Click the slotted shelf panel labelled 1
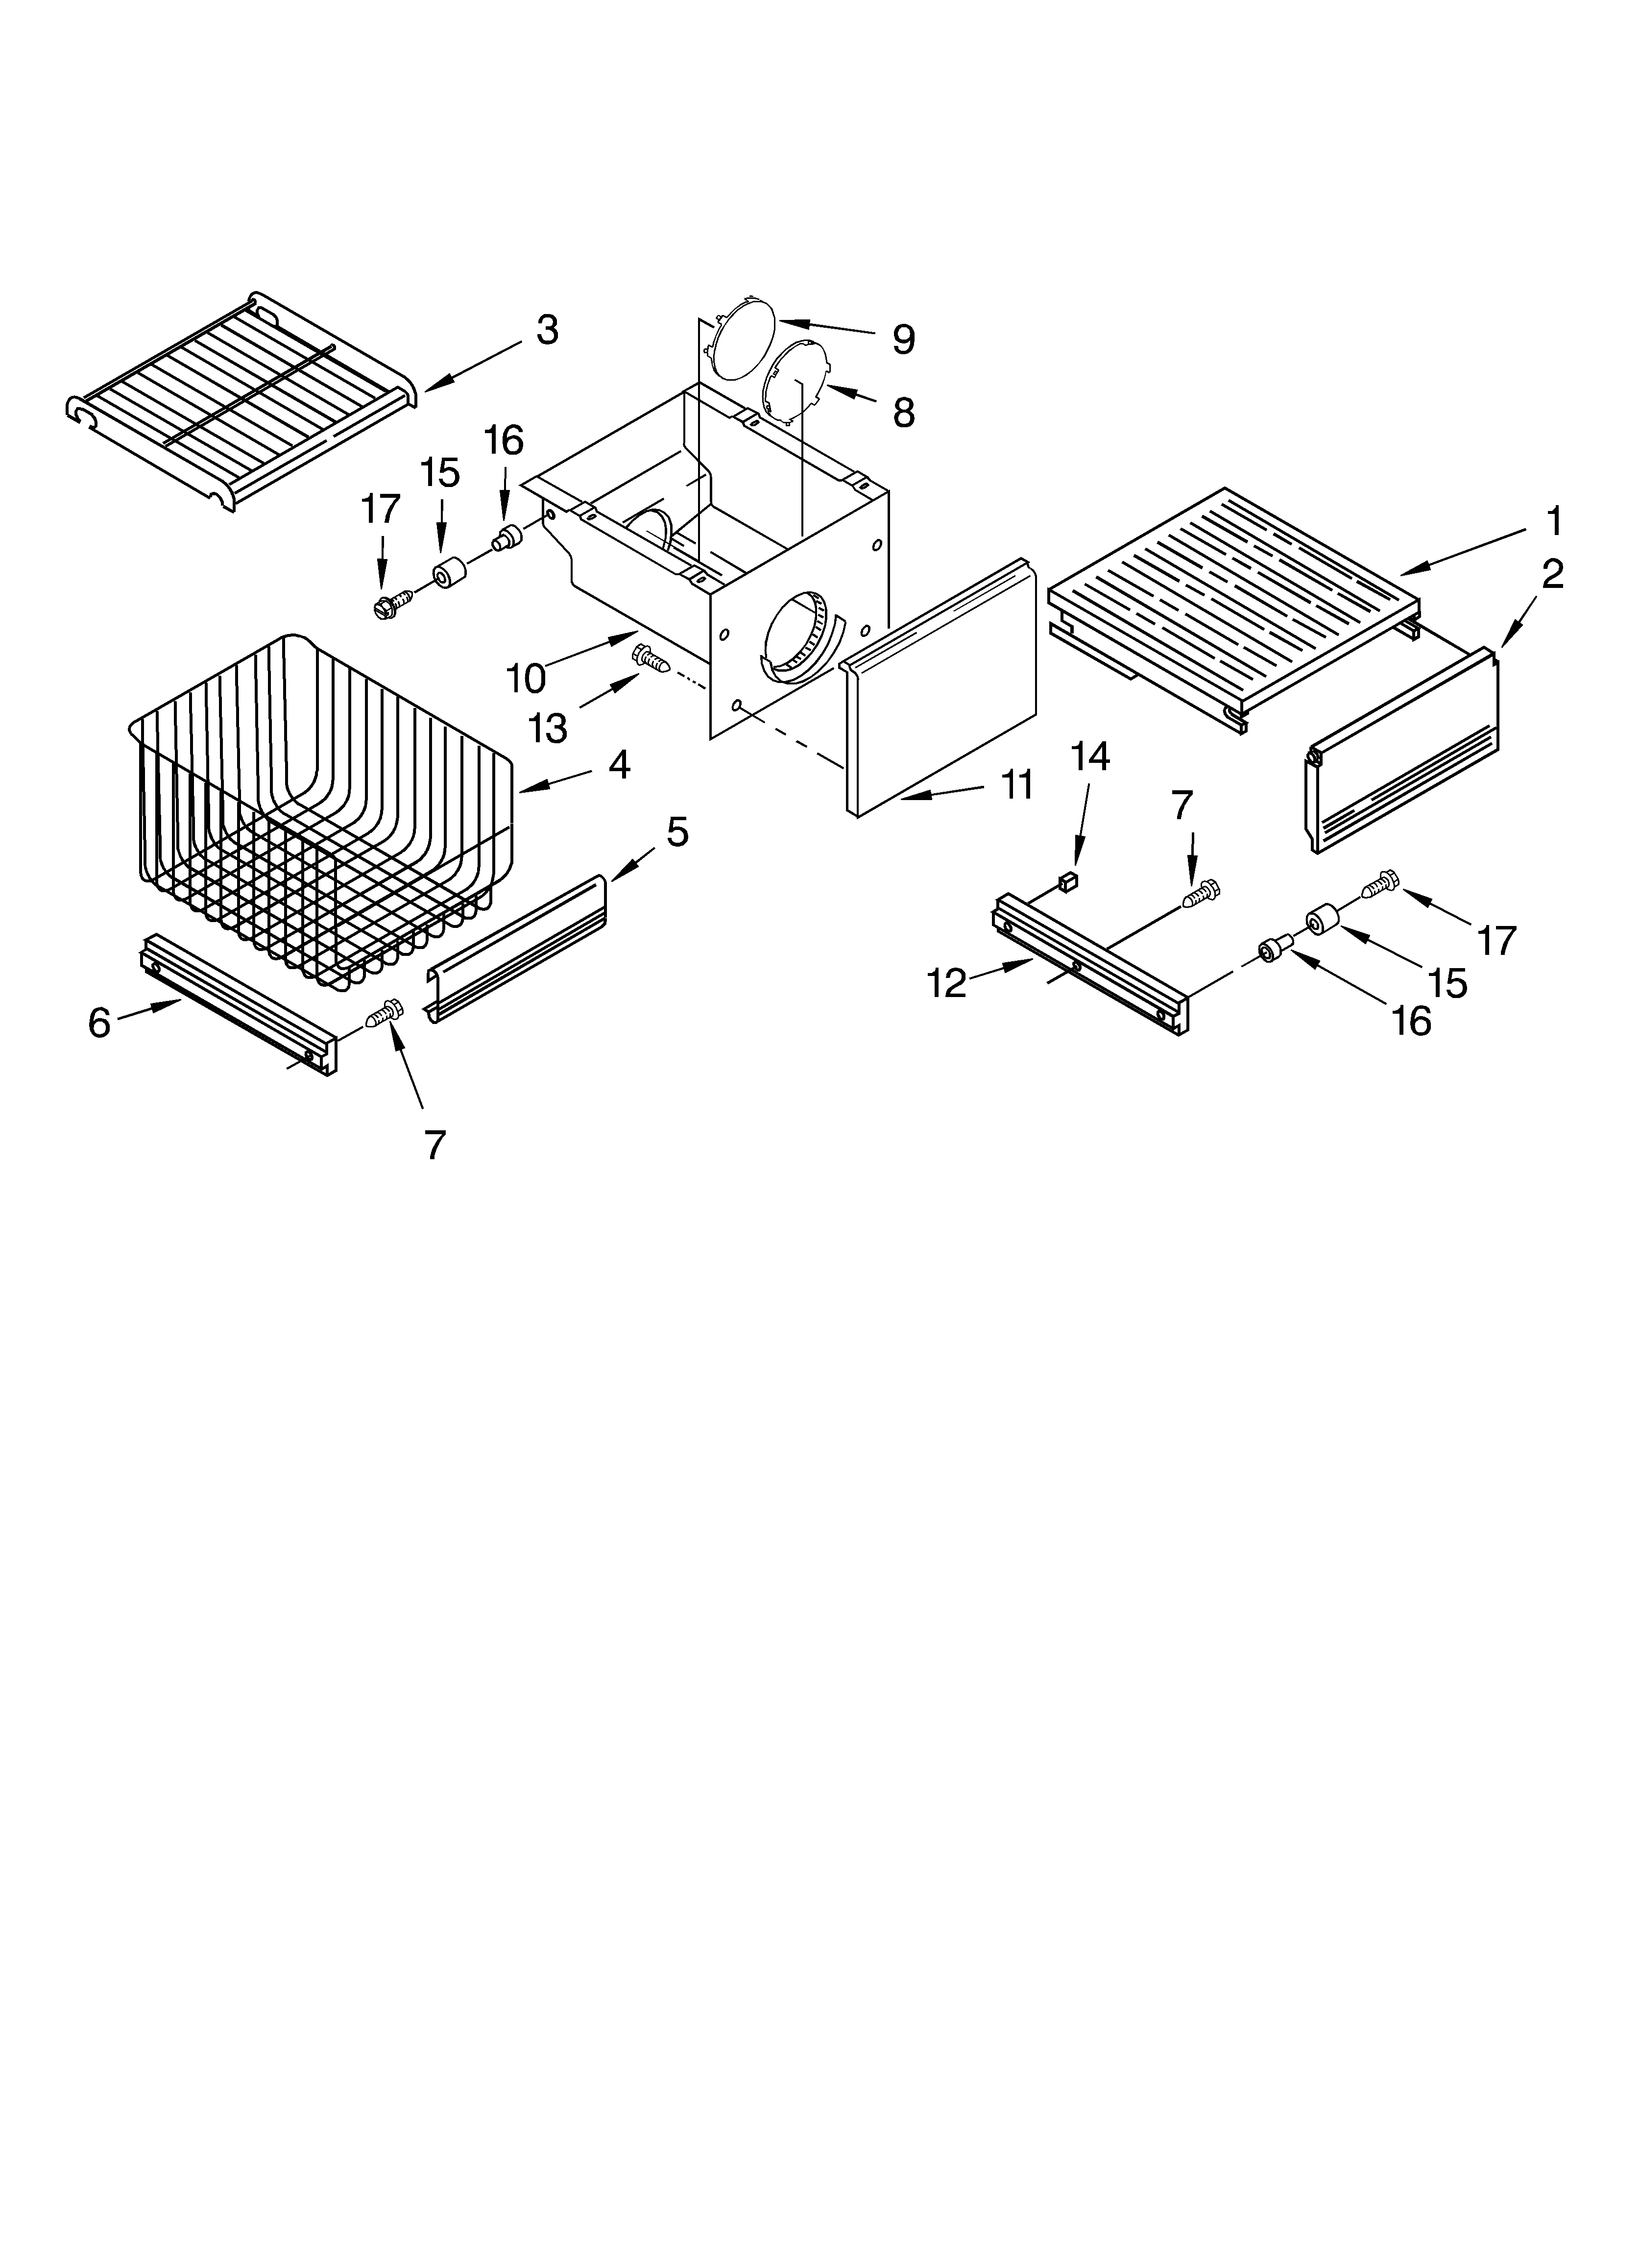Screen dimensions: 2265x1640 click(1233, 599)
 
